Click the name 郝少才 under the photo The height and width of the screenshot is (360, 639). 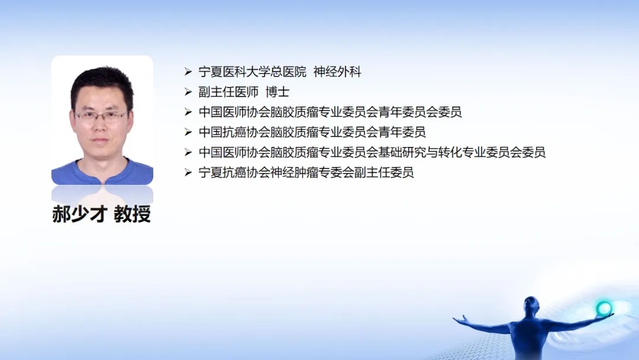80,214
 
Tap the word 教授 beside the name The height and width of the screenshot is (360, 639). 133,214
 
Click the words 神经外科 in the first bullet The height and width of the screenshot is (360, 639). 337,72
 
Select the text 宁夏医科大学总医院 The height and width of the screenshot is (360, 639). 252,72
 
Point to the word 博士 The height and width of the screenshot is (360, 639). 277,92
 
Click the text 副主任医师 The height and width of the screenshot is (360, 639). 228,92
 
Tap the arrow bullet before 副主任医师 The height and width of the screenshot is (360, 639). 188,92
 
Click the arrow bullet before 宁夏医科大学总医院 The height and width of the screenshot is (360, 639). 188,72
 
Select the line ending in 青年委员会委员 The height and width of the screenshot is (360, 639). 330,112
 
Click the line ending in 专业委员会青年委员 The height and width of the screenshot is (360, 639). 312,132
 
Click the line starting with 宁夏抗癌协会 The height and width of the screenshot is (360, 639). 306,172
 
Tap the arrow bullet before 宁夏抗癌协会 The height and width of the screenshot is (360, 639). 188,172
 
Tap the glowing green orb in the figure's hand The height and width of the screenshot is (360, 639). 604,308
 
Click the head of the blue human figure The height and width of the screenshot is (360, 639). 530,304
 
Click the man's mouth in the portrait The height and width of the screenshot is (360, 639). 100,140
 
